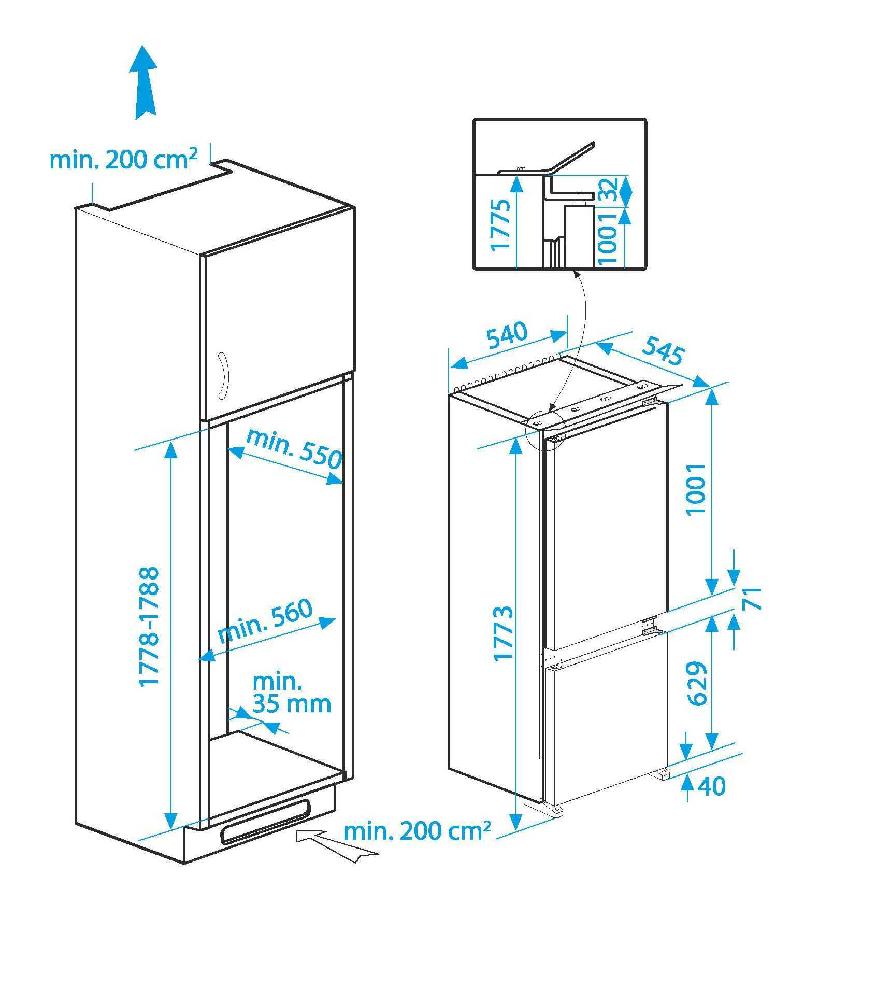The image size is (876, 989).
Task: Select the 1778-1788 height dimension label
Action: pyautogui.click(x=149, y=626)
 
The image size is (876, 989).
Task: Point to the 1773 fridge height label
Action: pyautogui.click(x=503, y=633)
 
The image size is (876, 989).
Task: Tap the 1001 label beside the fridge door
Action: pyautogui.click(x=696, y=489)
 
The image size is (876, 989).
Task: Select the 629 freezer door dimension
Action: pyautogui.click(x=697, y=683)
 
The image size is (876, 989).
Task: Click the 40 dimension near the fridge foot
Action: pyautogui.click(x=712, y=786)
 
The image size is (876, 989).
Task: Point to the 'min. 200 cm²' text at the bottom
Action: pyautogui.click(x=418, y=831)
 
